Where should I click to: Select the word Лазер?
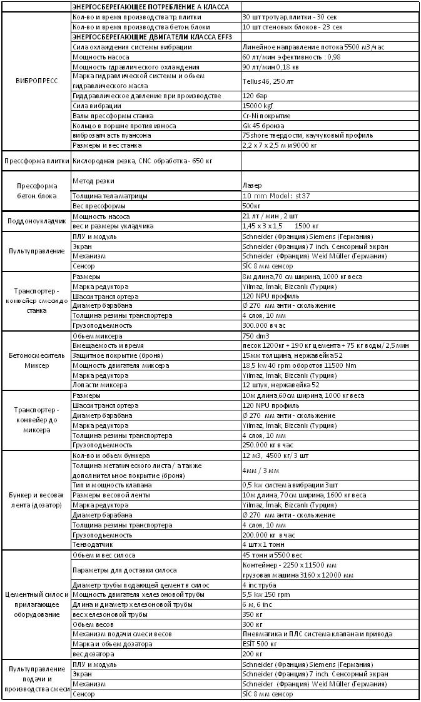point(251,186)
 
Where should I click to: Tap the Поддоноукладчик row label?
point(35,221)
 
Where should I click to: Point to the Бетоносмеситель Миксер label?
point(35,360)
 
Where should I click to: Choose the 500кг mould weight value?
point(251,206)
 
